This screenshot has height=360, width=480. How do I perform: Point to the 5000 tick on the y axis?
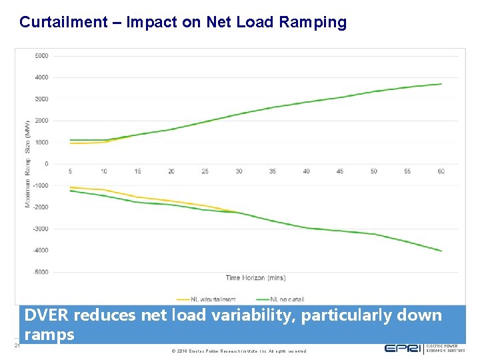[x=41, y=56]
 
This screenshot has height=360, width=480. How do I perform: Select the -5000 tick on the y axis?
[x=41, y=272]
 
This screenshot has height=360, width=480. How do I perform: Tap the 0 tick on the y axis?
[x=46, y=164]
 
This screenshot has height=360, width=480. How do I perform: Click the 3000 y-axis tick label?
[x=41, y=99]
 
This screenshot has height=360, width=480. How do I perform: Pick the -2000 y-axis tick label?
[x=41, y=207]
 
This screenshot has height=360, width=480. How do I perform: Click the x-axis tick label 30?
[x=239, y=172]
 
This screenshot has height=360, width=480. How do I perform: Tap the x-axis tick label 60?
[x=441, y=172]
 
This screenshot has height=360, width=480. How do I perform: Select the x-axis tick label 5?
[x=71, y=172]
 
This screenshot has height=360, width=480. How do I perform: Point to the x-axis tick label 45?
[x=340, y=172]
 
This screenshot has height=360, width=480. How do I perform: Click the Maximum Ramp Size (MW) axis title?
[x=28, y=163]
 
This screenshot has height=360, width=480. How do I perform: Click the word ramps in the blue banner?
[x=49, y=335]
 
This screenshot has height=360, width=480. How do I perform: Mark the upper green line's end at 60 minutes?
[x=441, y=84]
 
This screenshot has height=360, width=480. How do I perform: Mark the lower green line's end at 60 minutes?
[x=441, y=251]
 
